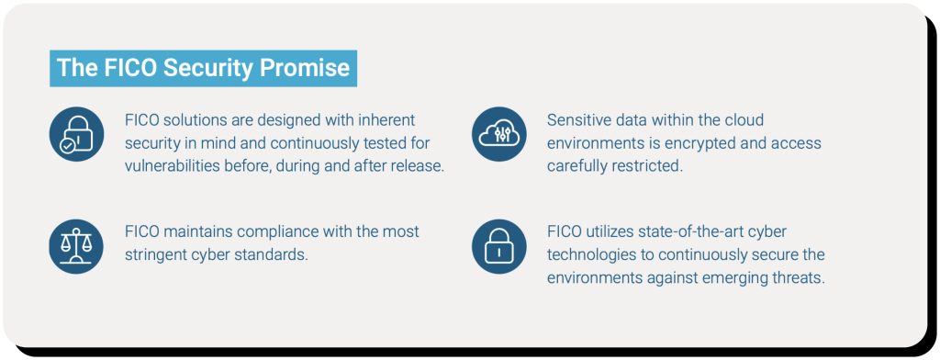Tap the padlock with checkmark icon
(76, 134)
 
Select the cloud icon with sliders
(499, 134)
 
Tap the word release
(414, 166)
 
